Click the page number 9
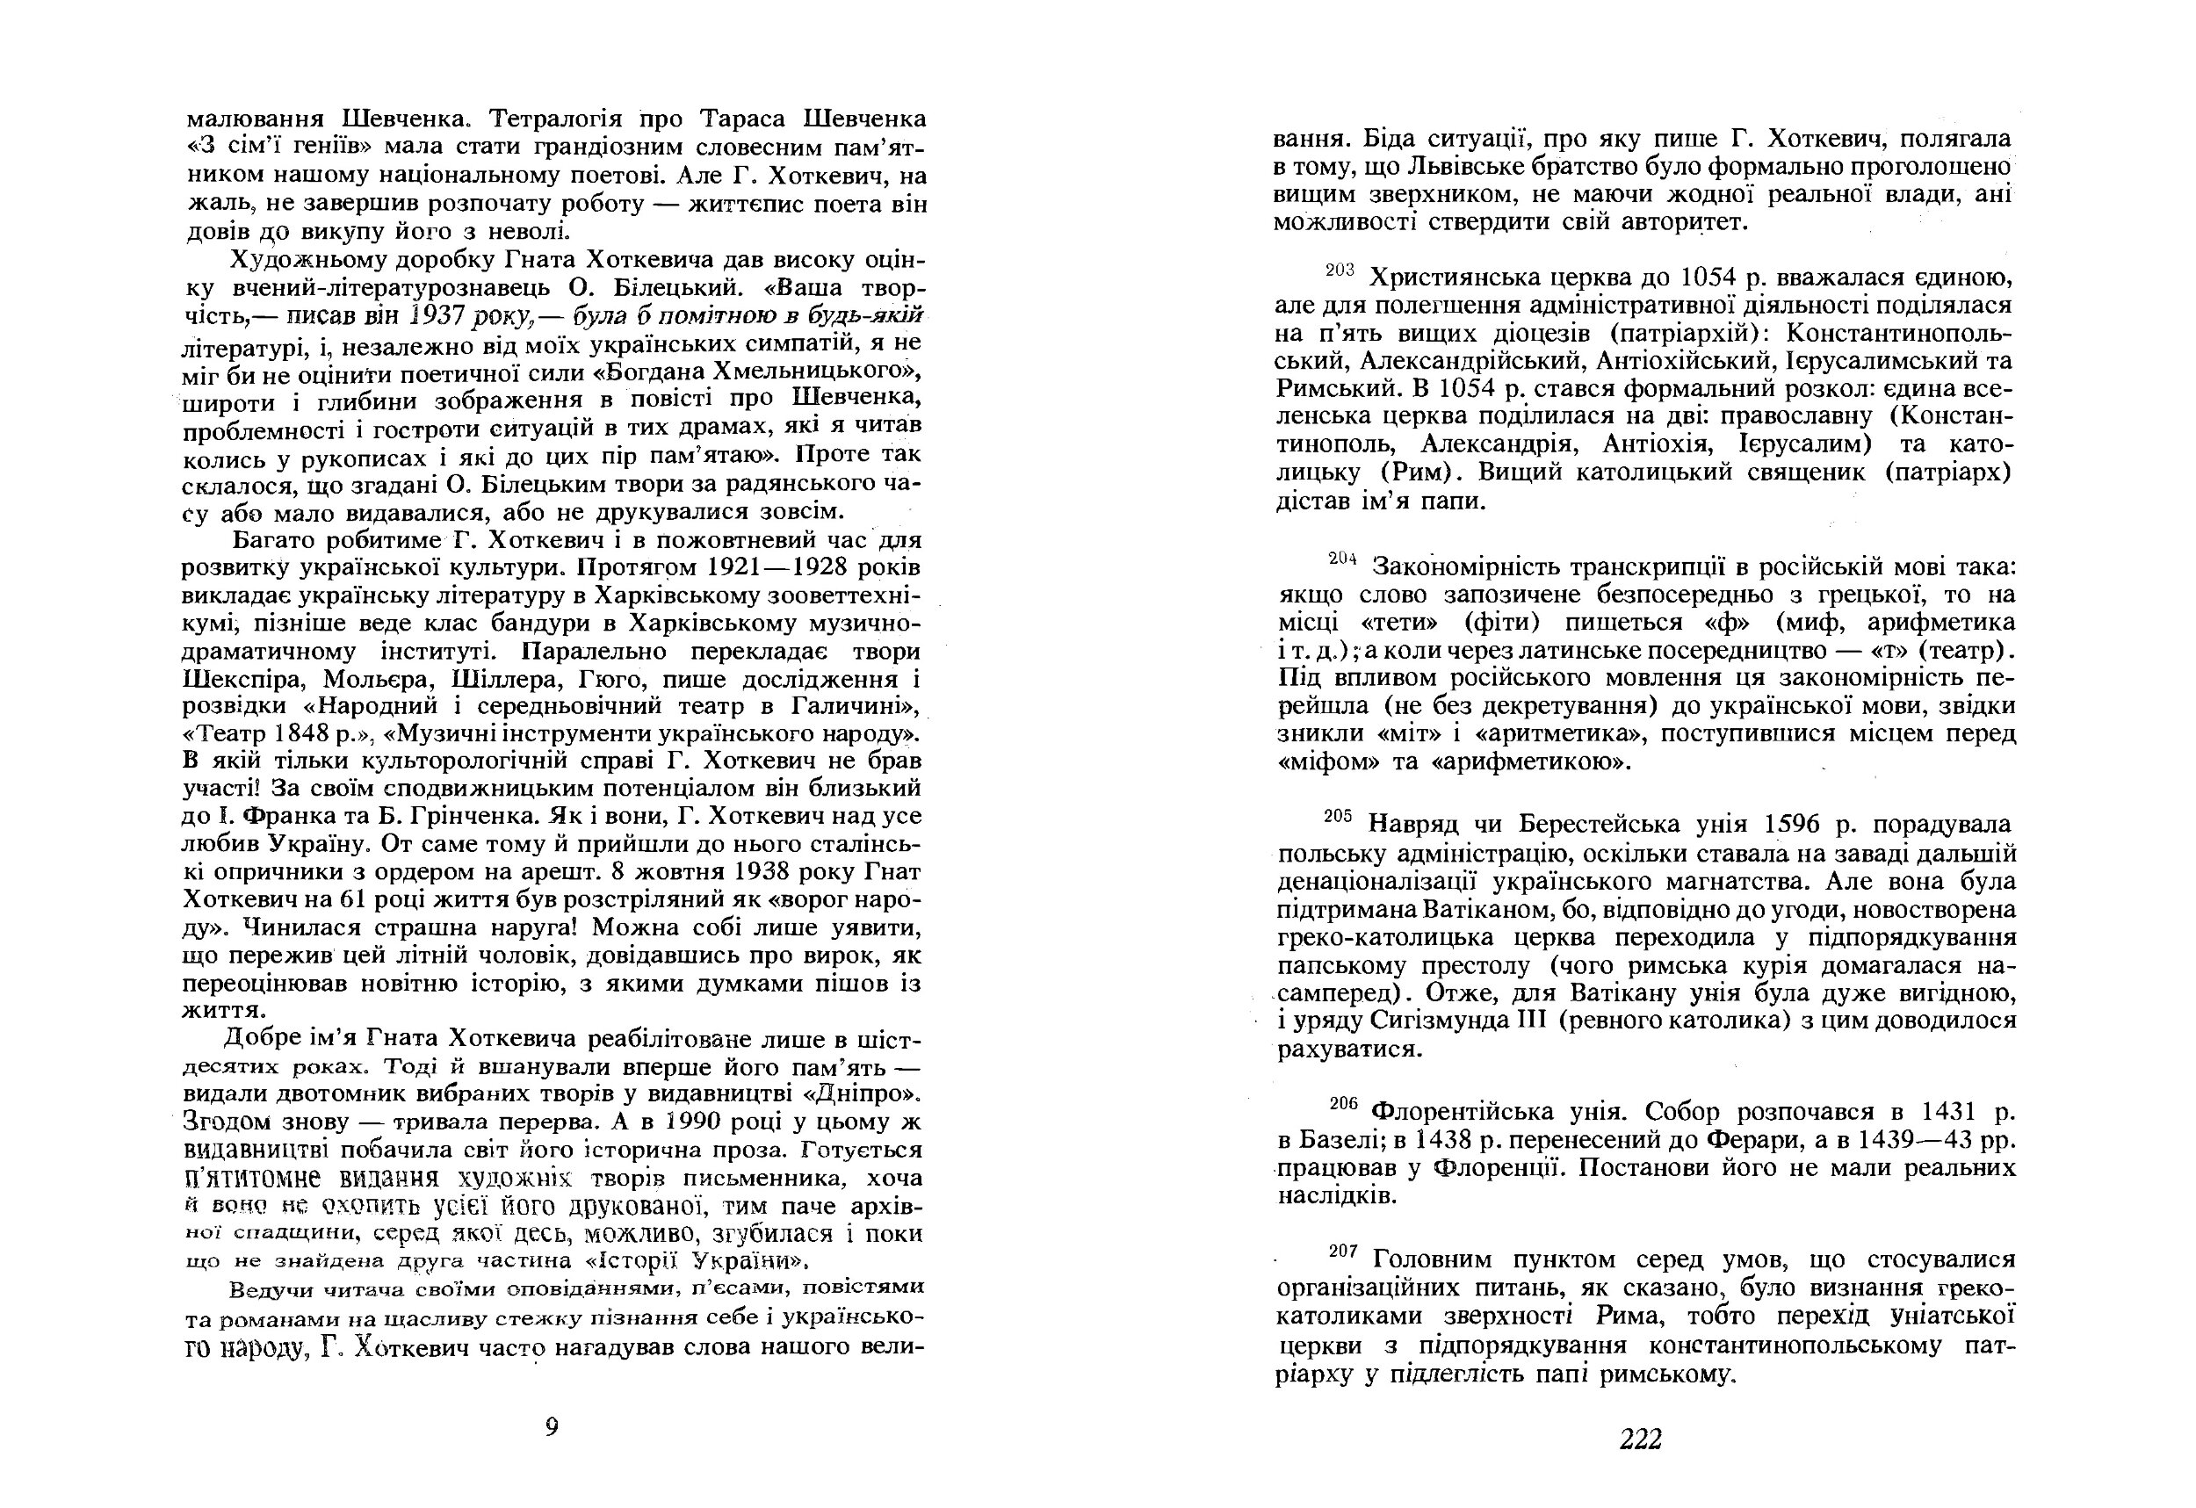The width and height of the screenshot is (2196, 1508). [x=552, y=1426]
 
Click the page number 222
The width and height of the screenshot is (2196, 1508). [x=1640, y=1439]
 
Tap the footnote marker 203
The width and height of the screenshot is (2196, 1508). [x=1340, y=271]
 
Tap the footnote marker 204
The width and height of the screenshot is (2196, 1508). [x=1343, y=559]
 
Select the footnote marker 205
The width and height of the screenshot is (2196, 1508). [x=1340, y=817]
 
